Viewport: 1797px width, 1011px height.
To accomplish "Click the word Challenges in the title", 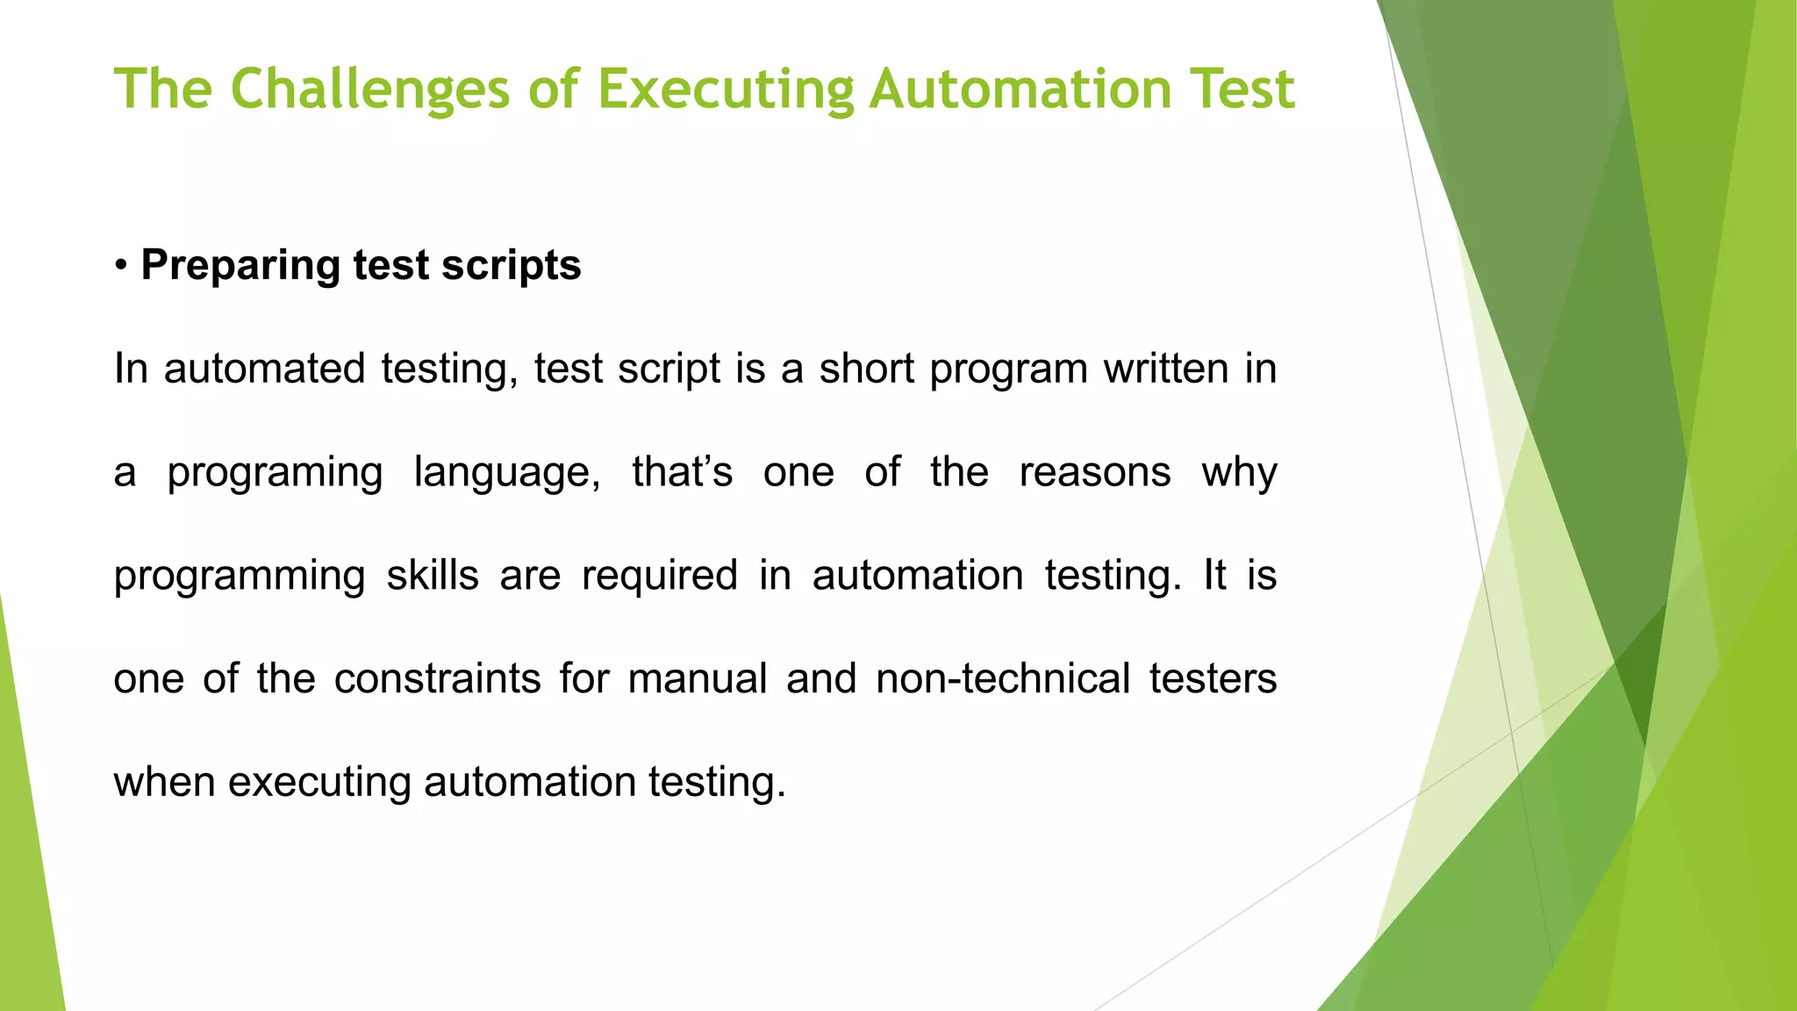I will click(369, 90).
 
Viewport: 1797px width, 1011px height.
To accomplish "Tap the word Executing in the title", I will click(726, 90).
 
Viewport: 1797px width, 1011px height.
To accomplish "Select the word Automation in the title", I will click(1020, 90).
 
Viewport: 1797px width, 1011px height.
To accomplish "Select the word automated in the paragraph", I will click(264, 369).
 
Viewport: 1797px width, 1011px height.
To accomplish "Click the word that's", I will click(682, 472).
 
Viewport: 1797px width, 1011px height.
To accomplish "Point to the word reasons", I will click(1094, 472).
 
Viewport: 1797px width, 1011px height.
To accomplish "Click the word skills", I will click(433, 576).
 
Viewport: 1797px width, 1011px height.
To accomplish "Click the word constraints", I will click(437, 679).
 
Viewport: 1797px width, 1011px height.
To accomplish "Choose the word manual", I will click(698, 679).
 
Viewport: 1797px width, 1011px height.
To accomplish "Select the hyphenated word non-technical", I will click(1003, 679).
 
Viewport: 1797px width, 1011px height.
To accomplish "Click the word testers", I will click(1213, 679).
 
